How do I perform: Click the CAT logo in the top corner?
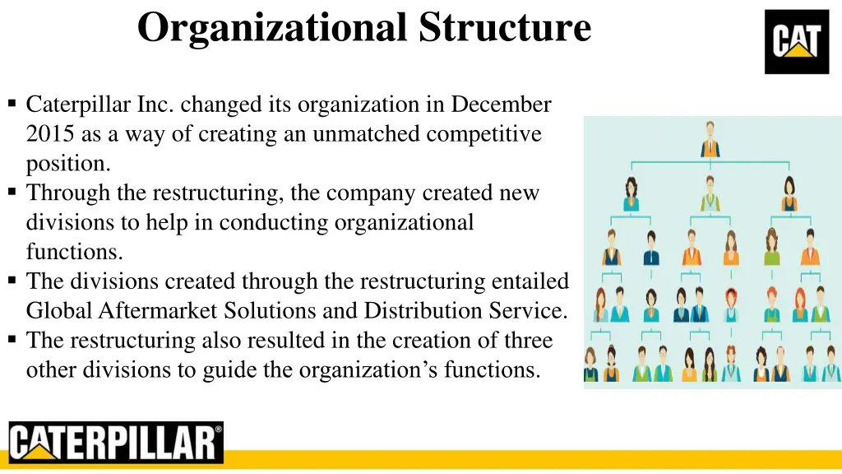[x=796, y=41]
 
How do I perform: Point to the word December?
[x=501, y=105]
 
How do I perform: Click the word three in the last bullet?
[x=524, y=341]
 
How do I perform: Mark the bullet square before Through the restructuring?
[x=12, y=193]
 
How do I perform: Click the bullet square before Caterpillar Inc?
[x=12, y=104]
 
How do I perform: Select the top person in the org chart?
[x=710, y=138]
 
